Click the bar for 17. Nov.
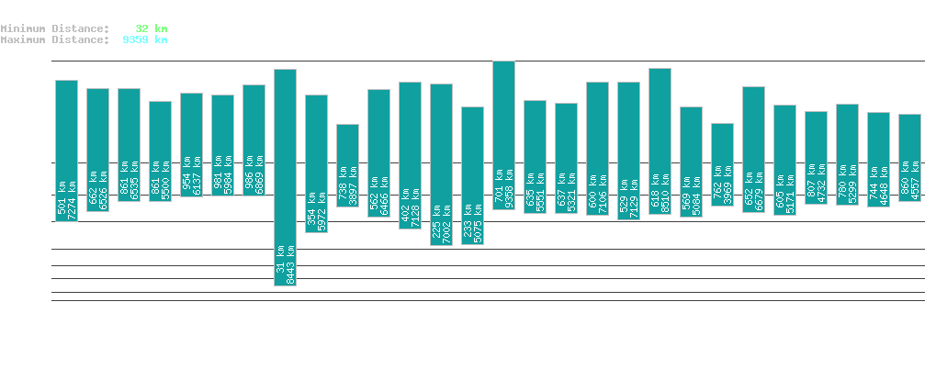pyautogui.click(x=285, y=177)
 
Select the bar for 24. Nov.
pyautogui.click(x=503, y=135)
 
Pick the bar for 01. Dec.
pyautogui.click(x=722, y=164)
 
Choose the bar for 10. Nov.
pyautogui.click(x=66, y=151)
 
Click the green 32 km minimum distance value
pyautogui.click(x=151, y=28)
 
